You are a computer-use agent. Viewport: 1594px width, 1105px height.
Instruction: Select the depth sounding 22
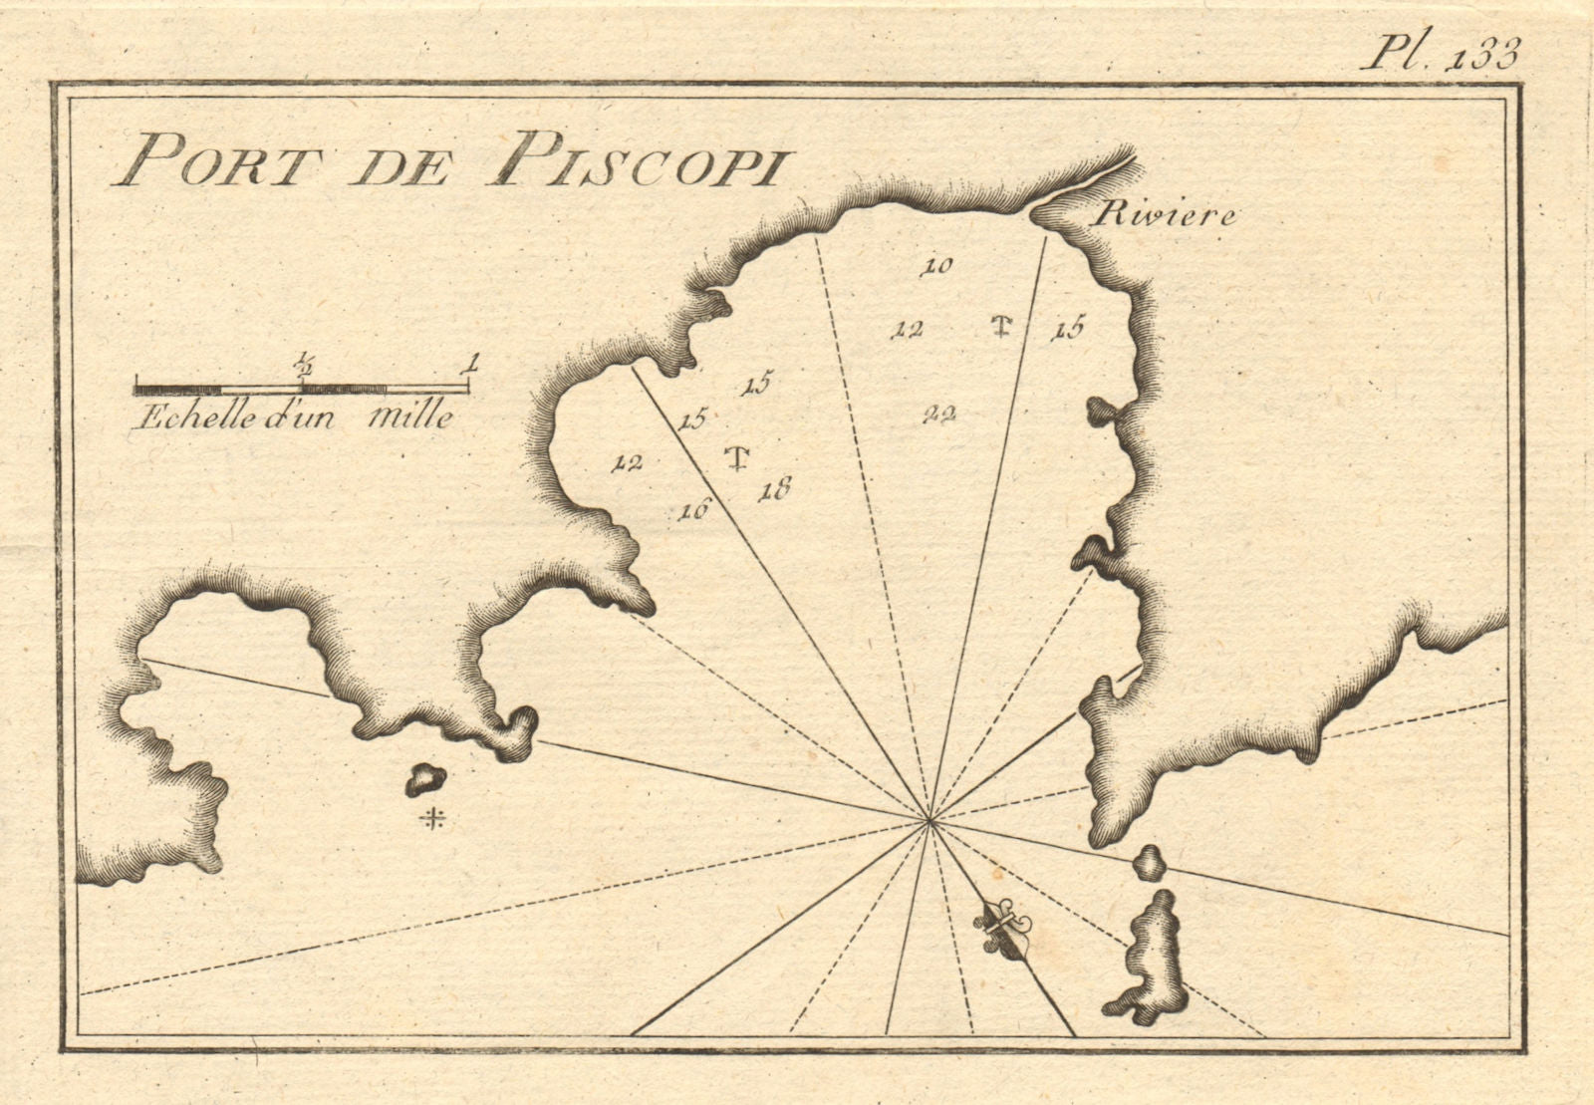938,415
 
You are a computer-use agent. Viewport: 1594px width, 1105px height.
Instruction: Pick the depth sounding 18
774,489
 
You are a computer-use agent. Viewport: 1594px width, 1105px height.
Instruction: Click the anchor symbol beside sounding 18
737,458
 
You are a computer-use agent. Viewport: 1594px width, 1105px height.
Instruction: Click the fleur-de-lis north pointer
999,927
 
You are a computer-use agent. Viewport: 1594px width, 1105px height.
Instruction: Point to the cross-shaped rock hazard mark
432,820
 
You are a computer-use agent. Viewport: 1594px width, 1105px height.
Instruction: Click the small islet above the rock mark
424,779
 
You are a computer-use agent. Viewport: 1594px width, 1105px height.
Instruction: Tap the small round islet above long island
1150,862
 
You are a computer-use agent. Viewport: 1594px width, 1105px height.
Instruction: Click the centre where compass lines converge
930,821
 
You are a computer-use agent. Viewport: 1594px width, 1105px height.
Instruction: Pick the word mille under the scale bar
410,416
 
